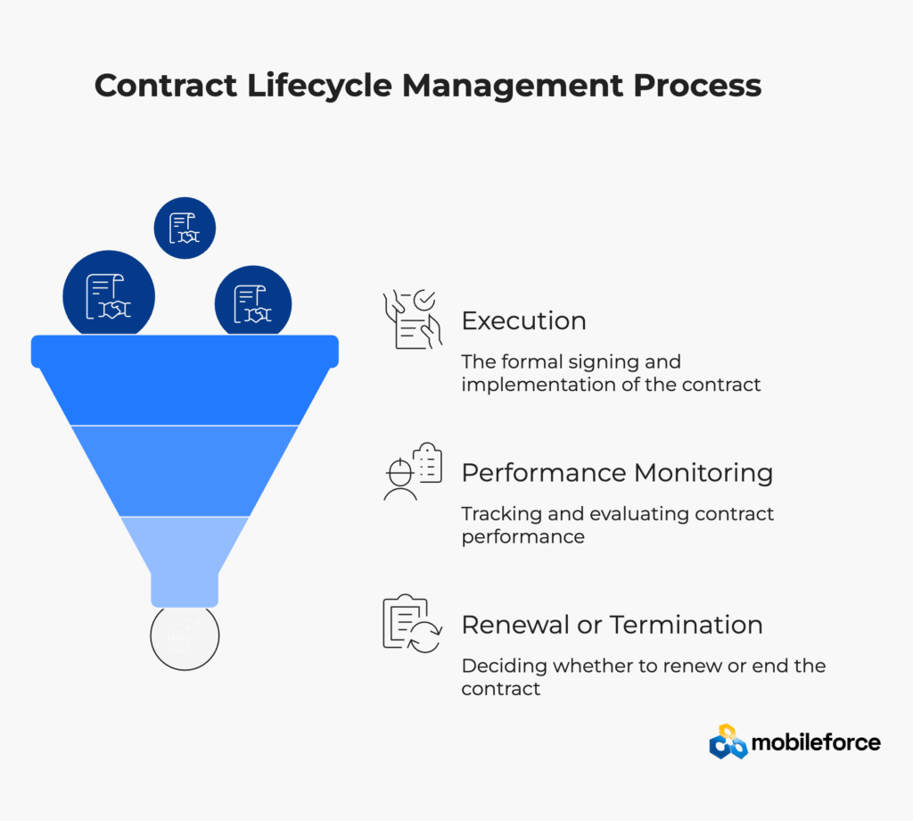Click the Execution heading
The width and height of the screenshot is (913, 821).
(523, 321)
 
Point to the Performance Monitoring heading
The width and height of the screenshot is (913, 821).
(617, 473)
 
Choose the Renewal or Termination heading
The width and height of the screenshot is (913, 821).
(612, 625)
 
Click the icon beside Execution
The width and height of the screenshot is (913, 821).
(411, 319)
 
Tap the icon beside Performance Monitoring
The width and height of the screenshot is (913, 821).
(412, 470)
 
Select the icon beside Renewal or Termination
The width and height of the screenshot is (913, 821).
(411, 624)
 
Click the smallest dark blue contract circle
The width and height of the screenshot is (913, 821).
(185, 228)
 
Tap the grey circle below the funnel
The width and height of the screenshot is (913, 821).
(185, 637)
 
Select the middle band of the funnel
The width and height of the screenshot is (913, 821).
(185, 470)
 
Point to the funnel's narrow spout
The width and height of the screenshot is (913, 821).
(185, 589)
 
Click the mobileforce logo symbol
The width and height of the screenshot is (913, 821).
(728, 742)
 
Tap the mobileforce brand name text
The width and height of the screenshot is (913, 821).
(817, 742)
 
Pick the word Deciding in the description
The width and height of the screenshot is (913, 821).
(494, 666)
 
